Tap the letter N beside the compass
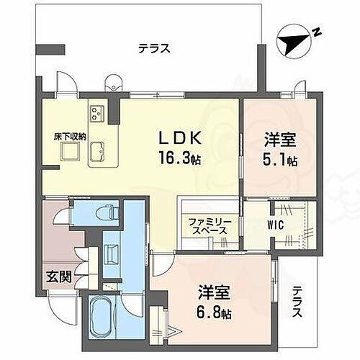[315, 32]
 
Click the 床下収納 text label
[70, 135]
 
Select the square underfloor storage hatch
[71, 152]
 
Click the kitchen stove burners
[98, 114]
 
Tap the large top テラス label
[154, 49]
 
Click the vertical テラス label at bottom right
[297, 303]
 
